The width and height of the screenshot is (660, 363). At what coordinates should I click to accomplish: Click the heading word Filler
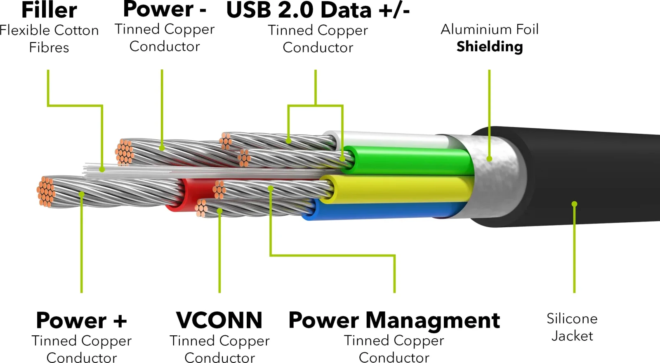(x=49, y=10)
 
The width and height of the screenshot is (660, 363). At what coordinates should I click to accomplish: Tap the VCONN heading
(x=219, y=320)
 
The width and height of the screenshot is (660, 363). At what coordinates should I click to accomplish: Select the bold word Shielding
(x=490, y=47)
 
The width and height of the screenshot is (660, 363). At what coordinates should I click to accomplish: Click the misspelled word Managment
(x=433, y=321)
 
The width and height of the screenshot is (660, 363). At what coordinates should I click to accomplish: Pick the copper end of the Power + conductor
(x=46, y=191)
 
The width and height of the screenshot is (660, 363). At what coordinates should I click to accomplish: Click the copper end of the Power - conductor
(x=124, y=152)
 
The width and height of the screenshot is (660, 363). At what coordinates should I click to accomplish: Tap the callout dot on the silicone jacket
(x=574, y=204)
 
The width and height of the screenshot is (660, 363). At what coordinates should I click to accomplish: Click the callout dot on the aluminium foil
(x=489, y=159)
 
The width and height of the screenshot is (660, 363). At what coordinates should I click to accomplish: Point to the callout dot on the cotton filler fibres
(x=102, y=170)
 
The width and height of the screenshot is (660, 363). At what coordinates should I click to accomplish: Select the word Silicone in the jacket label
(x=572, y=319)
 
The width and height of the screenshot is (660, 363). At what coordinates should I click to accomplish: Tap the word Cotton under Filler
(x=76, y=31)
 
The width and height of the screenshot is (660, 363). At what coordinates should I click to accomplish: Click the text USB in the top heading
(x=248, y=10)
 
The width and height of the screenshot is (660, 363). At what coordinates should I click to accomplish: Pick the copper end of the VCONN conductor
(x=202, y=208)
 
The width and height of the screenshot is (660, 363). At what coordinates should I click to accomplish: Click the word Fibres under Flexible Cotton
(x=49, y=47)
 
